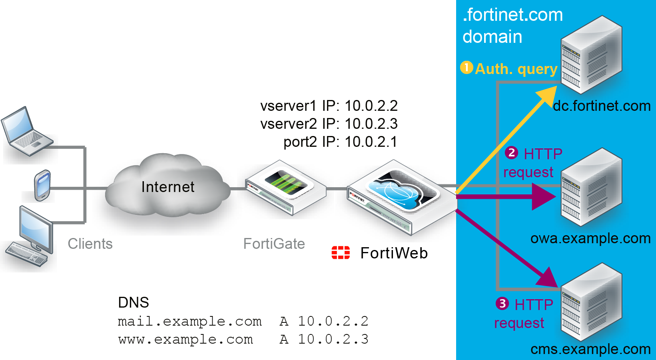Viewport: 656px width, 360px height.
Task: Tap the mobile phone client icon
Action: pos(42,185)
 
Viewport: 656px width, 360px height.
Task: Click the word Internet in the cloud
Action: pos(167,187)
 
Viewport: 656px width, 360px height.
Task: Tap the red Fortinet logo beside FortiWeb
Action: pos(341,253)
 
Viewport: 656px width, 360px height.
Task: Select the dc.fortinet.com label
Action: pos(602,106)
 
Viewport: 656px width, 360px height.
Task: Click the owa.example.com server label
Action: pos(590,238)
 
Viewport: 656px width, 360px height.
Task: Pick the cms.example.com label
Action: pos(590,349)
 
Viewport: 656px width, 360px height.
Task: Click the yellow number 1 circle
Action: pos(466,68)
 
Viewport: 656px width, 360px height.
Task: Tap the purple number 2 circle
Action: pos(511,153)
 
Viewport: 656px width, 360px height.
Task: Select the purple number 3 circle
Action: pos(502,304)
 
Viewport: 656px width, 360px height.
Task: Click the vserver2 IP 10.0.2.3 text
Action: pos(329,124)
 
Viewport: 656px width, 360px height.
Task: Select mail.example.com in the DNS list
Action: pos(189,321)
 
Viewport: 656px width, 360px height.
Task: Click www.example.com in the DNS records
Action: pos(185,339)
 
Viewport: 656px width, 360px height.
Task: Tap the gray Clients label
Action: pos(90,244)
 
